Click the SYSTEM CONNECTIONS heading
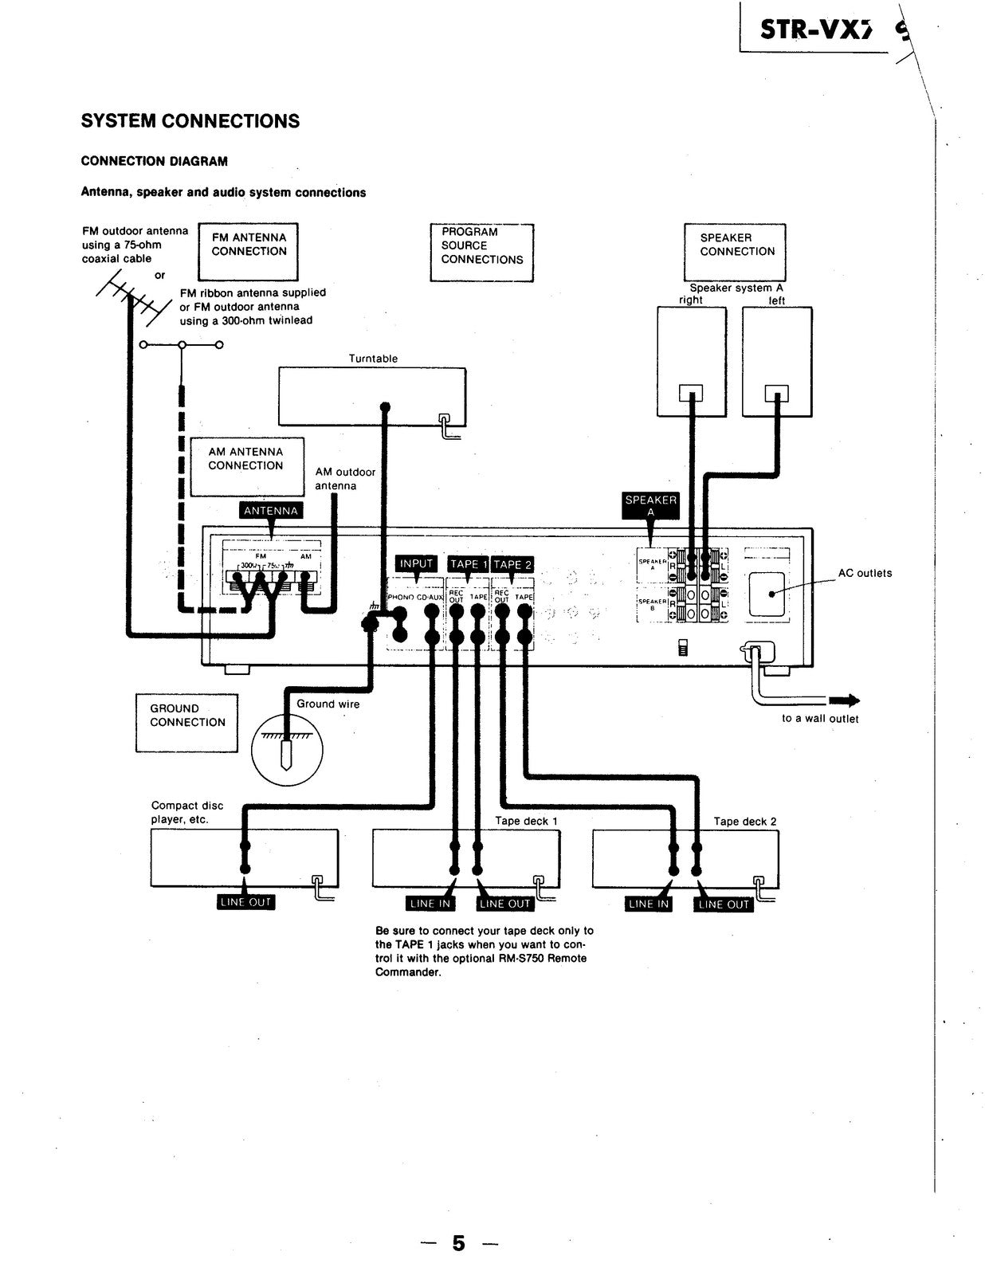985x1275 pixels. [190, 121]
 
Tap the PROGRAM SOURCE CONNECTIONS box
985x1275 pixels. [481, 252]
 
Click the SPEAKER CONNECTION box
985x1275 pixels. [735, 252]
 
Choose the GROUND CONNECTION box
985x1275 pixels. [186, 722]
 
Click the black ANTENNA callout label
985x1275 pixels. [271, 511]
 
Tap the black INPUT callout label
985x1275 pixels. [416, 563]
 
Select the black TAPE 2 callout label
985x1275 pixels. [512, 564]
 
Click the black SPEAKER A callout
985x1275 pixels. [651, 505]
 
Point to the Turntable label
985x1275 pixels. [373, 359]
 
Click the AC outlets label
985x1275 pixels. [865, 573]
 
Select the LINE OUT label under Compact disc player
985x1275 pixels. [245, 902]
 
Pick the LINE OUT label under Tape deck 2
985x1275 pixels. [724, 904]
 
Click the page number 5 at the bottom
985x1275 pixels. [458, 1243]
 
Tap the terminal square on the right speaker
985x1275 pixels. [690, 393]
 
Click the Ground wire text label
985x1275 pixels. [328, 704]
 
